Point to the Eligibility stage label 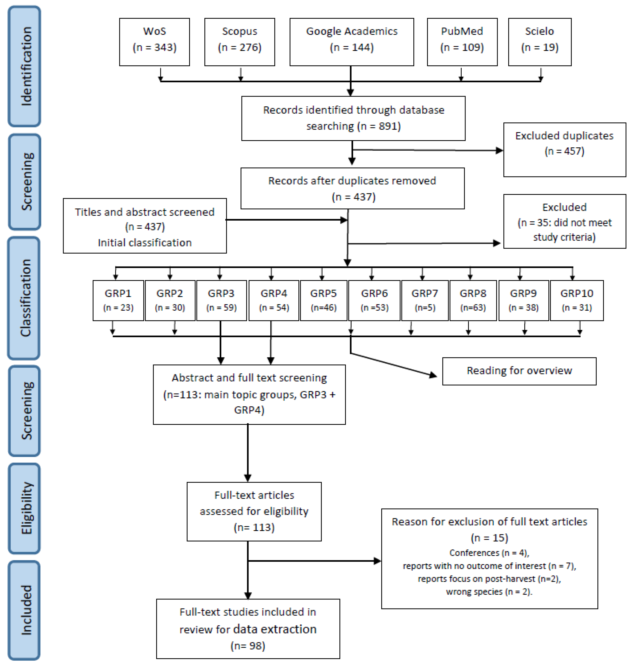pyautogui.click(x=25, y=508)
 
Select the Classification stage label pyautogui.click(x=25, y=298)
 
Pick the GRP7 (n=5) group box pyautogui.click(x=425, y=300)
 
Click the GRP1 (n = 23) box pyautogui.click(x=118, y=300)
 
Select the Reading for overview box pyautogui.click(x=519, y=371)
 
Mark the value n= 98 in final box pyautogui.click(x=248, y=646)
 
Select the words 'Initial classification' pyautogui.click(x=144, y=243)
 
